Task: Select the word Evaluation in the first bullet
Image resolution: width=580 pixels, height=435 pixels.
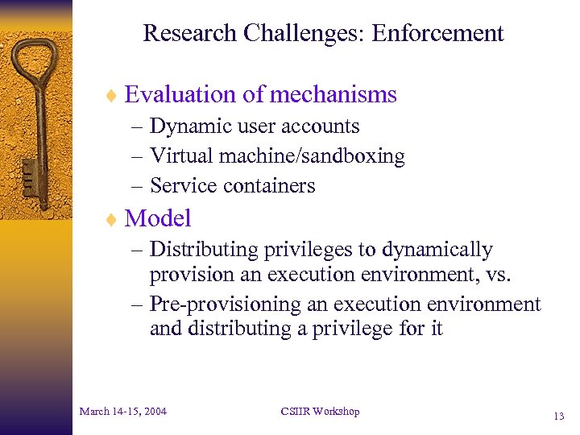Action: (x=181, y=95)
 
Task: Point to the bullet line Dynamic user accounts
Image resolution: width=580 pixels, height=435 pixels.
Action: (x=255, y=126)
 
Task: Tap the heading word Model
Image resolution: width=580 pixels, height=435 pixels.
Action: (x=158, y=218)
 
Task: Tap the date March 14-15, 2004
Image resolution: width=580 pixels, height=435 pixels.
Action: (x=123, y=412)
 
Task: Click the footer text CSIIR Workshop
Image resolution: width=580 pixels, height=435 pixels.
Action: (x=320, y=412)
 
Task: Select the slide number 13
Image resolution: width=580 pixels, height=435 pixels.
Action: (x=558, y=416)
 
